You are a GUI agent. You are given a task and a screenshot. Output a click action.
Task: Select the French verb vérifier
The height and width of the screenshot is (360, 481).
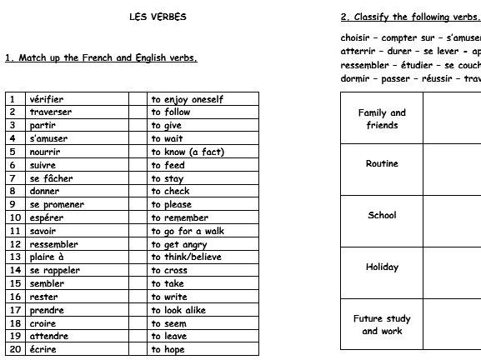[46, 99]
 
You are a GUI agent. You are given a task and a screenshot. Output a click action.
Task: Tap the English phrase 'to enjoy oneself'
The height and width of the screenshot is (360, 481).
[187, 99]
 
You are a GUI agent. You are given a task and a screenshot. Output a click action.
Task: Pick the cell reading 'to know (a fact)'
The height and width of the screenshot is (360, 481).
[188, 152]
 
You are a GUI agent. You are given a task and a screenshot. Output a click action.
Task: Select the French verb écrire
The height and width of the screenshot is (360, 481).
[43, 350]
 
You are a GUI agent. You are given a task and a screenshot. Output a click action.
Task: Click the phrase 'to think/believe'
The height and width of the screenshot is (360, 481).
[187, 257]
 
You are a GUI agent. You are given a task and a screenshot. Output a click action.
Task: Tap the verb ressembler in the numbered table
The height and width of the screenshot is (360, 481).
[53, 244]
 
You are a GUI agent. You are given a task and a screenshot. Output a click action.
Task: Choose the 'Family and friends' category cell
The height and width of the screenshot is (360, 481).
[382, 119]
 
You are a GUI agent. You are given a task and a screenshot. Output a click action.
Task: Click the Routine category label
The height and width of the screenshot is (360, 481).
[382, 164]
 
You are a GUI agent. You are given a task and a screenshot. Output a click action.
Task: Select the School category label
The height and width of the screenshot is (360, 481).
[382, 216]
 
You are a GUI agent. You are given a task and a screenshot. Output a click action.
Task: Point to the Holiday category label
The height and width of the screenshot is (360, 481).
[382, 267]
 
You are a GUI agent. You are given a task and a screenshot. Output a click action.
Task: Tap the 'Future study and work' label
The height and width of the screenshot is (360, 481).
[382, 325]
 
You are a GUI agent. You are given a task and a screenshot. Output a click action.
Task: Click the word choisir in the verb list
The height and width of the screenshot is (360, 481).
[357, 37]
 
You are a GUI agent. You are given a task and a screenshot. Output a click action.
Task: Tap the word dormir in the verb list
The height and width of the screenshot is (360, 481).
[356, 78]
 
